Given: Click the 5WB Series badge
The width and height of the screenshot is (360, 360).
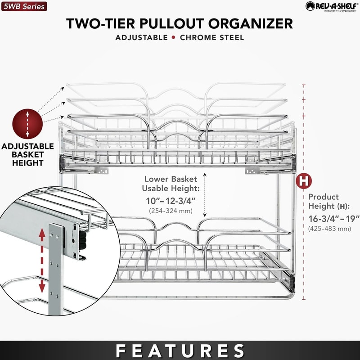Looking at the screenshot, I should point(24,6).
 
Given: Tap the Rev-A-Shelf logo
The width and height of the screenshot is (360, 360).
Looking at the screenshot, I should point(330,6).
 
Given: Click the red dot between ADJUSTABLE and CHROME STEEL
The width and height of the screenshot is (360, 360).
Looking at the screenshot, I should point(173,37).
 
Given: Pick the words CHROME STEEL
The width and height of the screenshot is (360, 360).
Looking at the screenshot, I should point(212,37).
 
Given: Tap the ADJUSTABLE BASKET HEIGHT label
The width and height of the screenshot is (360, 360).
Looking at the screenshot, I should point(27,154).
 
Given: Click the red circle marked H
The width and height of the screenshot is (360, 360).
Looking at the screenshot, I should point(305,181).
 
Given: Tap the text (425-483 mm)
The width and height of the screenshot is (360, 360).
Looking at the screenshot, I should point(329,229).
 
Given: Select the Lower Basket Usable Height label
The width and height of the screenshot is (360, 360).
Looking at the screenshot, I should point(171,183).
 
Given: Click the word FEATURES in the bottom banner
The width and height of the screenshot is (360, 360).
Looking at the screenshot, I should point(180,351).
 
